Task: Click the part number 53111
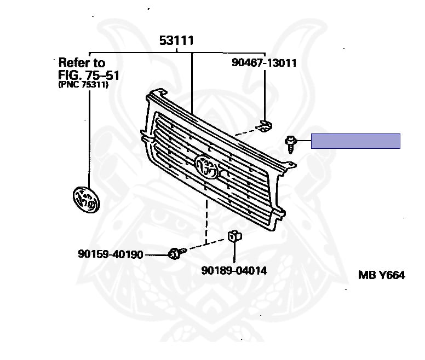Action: pos(176,40)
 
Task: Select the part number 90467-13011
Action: pos(264,63)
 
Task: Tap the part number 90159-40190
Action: pos(110,254)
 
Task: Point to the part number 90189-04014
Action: pos(234,270)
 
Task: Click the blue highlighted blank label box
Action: pos(355,141)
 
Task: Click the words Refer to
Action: pos(82,63)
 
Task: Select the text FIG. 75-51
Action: pos(89,76)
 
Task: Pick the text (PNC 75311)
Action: pos(83,85)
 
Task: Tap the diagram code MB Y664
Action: pos(381,275)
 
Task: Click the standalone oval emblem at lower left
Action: pos(87,200)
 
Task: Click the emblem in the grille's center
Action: pos(206,167)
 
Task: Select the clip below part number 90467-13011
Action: pos(265,126)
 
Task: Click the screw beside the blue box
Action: pos(290,144)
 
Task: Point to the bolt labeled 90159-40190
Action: pos(176,253)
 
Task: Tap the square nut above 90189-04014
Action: pos(234,236)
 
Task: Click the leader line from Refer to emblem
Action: pos(89,138)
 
